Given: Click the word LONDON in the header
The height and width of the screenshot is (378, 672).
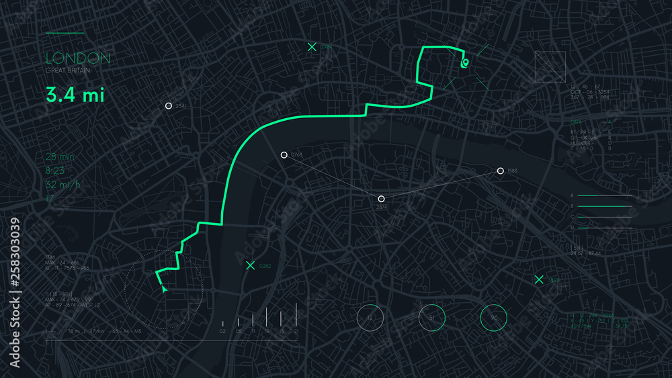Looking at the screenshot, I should [78, 58].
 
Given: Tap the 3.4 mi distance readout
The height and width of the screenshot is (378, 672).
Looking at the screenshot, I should [75, 95].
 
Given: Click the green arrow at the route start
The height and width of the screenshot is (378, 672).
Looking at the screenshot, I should [164, 289].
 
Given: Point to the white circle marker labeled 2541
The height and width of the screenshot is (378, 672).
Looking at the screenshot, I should [169, 106].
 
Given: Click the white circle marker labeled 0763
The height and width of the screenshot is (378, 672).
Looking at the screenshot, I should [284, 155].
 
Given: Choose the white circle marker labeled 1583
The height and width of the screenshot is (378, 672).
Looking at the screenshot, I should [501, 171].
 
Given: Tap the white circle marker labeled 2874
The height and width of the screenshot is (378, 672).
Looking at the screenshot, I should [381, 199].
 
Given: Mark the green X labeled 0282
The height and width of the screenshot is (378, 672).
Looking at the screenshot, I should [251, 266].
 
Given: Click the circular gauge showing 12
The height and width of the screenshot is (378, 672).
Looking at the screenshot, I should [370, 318].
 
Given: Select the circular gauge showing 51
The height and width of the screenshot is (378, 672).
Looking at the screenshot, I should [432, 318].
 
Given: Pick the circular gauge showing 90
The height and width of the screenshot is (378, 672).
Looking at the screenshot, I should [494, 318].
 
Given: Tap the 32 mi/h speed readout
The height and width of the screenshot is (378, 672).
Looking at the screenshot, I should [62, 184].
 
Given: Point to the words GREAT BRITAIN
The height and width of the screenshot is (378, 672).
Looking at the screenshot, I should [68, 70].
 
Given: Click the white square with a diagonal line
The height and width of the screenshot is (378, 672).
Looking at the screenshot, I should [550, 67].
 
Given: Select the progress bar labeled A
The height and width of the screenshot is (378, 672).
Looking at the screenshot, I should [605, 195].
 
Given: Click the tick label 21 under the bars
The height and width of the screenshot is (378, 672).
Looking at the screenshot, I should [296, 332].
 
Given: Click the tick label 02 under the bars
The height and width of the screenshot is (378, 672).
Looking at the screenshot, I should [223, 332].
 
